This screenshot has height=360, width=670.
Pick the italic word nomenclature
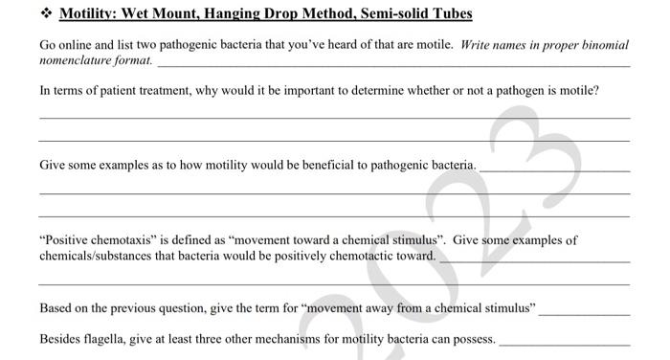[76, 59]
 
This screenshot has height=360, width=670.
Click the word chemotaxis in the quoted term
[121, 240]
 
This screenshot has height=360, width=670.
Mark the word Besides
[61, 339]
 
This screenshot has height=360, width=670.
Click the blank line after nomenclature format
[392, 64]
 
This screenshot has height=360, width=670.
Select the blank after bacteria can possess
[565, 343]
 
